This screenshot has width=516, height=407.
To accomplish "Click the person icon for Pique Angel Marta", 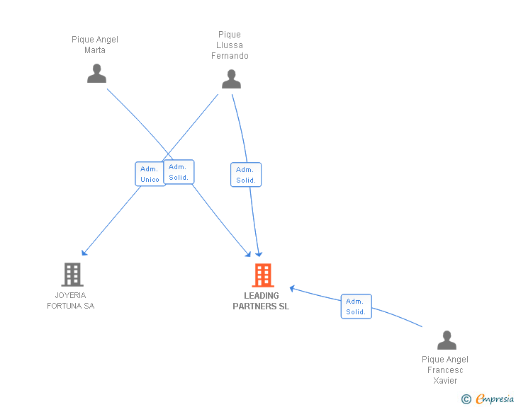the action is (96, 74).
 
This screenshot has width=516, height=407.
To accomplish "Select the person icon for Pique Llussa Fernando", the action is (231, 79).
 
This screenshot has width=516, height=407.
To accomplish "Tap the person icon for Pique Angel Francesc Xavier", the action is (447, 340).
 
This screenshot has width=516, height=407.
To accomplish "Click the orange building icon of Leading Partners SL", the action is (263, 275).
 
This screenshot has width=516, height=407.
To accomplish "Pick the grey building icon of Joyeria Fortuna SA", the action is (72, 275).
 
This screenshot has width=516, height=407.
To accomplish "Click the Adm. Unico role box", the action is (150, 174).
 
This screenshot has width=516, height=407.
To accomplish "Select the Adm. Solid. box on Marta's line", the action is (179, 172).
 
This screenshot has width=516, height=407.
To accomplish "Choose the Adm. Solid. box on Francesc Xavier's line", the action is (356, 306).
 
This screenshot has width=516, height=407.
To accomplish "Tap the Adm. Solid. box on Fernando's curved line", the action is (246, 175).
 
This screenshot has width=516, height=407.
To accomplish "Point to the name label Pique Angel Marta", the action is (95, 45).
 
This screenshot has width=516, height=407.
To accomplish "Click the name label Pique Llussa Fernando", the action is (230, 45).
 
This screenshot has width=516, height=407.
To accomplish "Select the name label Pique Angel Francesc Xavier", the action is (445, 370).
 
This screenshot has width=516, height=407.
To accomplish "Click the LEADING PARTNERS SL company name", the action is (261, 301).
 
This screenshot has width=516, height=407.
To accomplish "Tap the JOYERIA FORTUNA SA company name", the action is (71, 301).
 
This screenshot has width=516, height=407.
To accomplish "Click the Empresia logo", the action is (495, 399).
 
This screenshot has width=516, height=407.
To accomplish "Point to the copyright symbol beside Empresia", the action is (466, 399).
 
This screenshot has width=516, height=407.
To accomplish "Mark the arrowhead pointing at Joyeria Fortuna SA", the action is (84, 253).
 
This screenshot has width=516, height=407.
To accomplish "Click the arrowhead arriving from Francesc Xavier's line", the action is (292, 288).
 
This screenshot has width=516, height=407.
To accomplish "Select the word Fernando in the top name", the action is (230, 55).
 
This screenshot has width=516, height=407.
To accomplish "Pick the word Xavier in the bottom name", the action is (445, 381).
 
